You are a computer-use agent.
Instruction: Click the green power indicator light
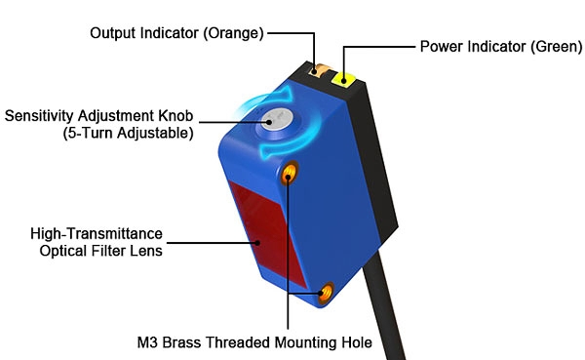point(344,81)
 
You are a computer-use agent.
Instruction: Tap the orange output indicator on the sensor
point(317,69)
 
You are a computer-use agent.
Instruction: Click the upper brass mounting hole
point(290,175)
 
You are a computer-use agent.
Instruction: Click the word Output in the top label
point(113,33)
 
